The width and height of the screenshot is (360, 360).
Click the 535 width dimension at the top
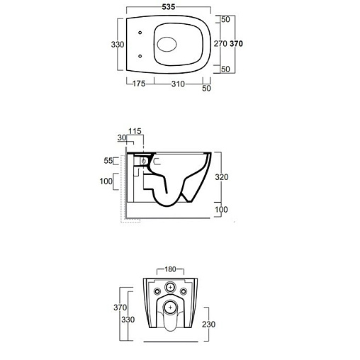point(169,7)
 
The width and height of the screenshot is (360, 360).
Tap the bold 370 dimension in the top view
point(236,44)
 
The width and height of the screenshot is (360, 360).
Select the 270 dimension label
point(220,44)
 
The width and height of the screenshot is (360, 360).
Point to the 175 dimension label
point(139,84)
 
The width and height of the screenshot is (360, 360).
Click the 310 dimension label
point(178,84)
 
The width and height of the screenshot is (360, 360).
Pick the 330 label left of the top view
point(118,45)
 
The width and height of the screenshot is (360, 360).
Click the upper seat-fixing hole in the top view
point(140,33)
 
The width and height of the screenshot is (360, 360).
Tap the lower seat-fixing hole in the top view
point(140,56)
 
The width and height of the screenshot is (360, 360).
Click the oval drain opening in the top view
point(167,45)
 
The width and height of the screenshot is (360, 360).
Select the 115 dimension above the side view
point(135,131)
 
